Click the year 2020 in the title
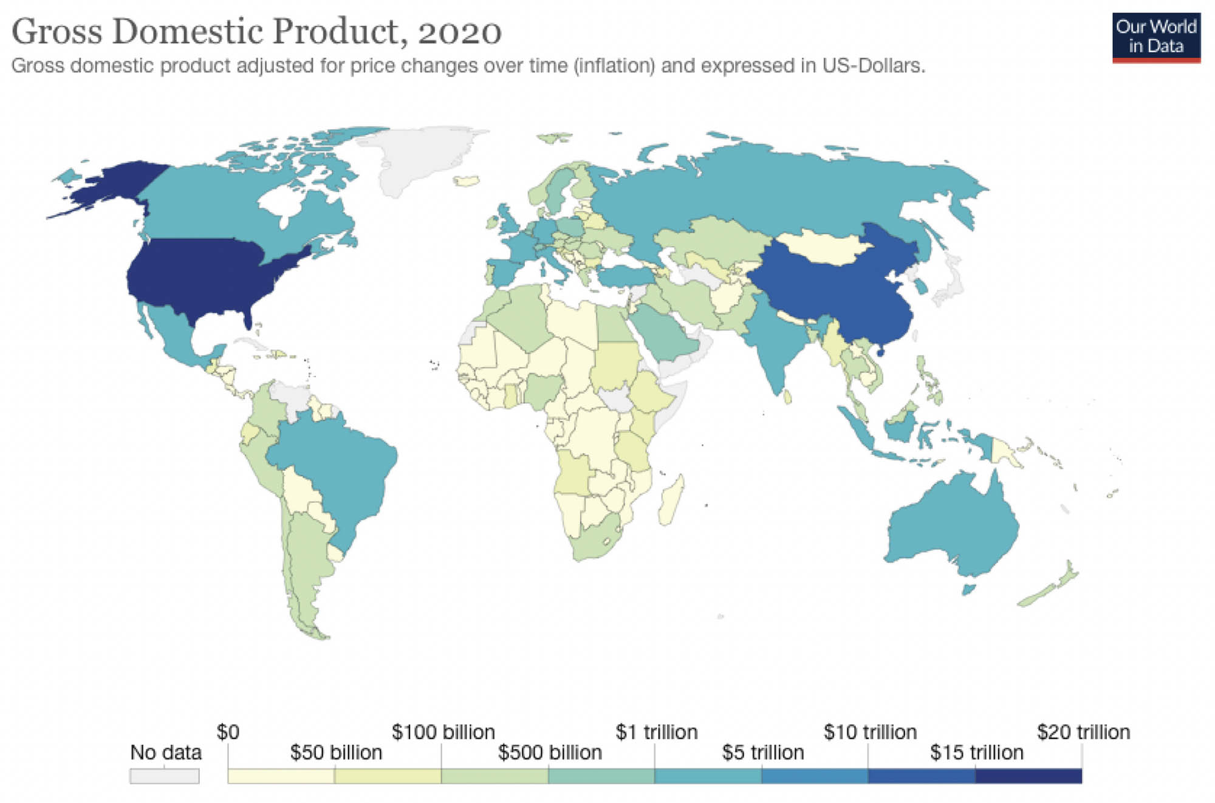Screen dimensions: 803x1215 [x=459, y=32]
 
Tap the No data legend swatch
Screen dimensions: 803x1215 [x=164, y=776]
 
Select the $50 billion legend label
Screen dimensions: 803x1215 [x=336, y=752]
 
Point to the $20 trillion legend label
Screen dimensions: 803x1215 [x=1083, y=731]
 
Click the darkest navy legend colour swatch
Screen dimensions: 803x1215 [x=1028, y=776]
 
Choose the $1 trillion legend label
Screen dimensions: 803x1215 [x=656, y=731]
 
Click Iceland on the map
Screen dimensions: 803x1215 [x=467, y=181]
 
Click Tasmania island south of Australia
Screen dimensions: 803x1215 [x=969, y=589]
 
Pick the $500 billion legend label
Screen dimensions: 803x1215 [x=550, y=752]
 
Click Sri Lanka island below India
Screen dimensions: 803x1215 [x=788, y=397]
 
